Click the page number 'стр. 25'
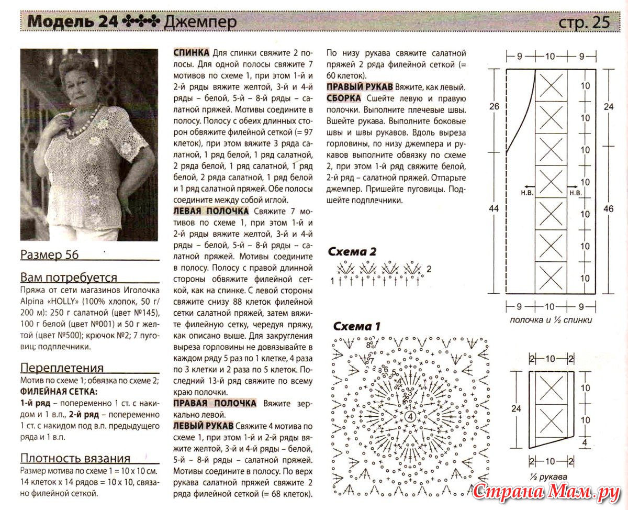(584, 22)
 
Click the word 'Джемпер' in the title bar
(200, 22)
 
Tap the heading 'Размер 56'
(49, 255)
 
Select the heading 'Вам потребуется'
(69, 278)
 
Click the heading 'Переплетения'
(62, 368)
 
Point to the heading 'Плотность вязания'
(75, 458)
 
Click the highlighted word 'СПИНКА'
(192, 53)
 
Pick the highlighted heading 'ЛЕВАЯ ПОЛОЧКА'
(211, 211)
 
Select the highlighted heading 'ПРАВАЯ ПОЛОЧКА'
(215, 403)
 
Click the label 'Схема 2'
(352, 252)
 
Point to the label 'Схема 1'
(356, 326)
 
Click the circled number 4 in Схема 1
(410, 416)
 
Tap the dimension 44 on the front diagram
(494, 208)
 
